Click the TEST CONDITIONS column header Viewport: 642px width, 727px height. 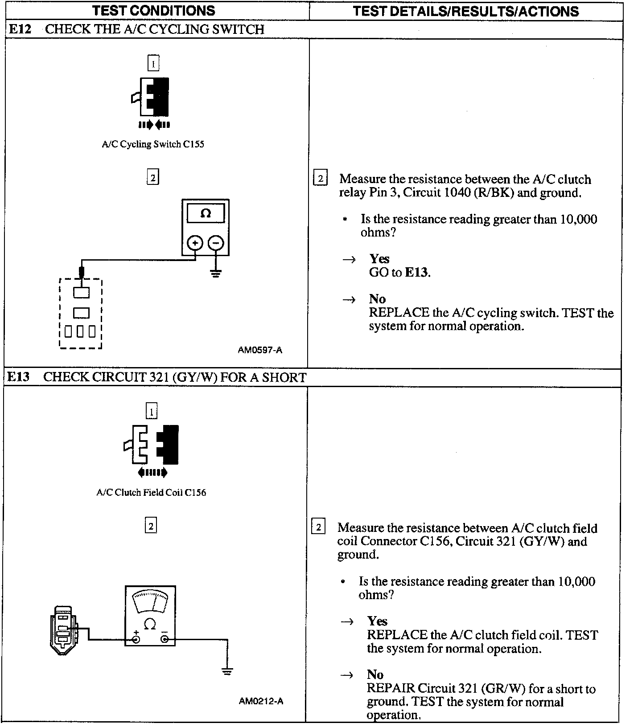(154, 11)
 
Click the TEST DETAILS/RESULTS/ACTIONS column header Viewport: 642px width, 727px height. (465, 11)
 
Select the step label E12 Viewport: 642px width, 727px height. (20, 29)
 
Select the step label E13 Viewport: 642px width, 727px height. (19, 377)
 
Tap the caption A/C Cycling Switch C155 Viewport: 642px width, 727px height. (153, 144)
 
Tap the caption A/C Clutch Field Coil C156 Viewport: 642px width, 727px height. (151, 493)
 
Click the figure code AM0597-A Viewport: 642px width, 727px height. (260, 350)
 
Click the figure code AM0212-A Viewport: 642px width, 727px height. (261, 701)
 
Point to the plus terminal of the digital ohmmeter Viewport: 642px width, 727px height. (195, 243)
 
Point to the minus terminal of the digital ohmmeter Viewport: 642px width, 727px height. (216, 243)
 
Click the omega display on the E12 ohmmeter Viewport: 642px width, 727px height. (206, 213)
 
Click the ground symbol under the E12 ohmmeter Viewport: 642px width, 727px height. (216, 273)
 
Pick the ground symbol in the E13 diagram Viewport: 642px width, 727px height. (227, 672)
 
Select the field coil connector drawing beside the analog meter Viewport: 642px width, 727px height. (63, 629)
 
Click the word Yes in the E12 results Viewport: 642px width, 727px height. (379, 259)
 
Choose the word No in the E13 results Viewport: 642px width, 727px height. (375, 674)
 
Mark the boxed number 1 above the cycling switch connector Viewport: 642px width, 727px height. (153, 63)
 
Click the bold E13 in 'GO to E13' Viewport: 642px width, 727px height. (417, 272)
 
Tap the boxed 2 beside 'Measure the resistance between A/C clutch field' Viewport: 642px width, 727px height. (318, 527)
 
